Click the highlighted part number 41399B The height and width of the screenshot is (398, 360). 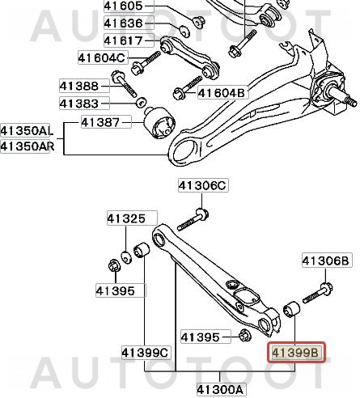pyautogui.click(x=296, y=353)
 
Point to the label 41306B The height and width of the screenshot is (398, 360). pyautogui.click(x=325, y=260)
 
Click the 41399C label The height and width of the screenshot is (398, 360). pyautogui.click(x=146, y=353)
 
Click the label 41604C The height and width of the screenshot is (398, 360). pyautogui.click(x=102, y=57)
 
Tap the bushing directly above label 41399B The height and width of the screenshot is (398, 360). pyautogui.click(x=293, y=309)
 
